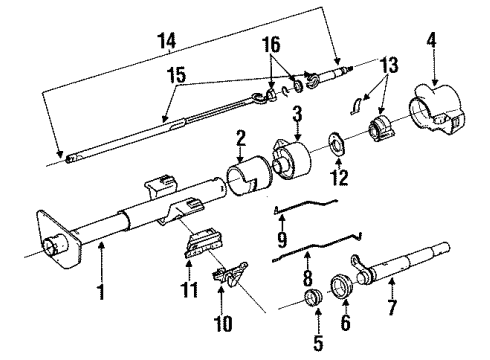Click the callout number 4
tap(432, 42)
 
